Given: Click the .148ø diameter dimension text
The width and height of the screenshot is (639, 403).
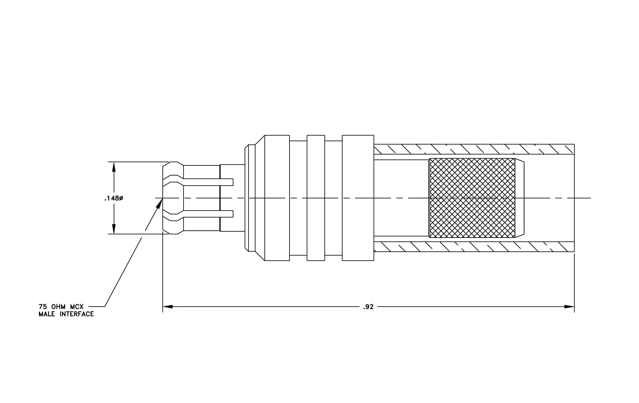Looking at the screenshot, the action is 113,198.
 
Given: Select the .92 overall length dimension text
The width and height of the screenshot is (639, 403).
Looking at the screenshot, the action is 368,307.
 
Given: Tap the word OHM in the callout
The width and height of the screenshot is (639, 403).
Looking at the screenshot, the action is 58,307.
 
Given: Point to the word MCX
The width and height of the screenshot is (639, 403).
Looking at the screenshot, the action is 77,307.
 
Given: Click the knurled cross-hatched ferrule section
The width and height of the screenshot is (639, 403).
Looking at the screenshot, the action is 472,198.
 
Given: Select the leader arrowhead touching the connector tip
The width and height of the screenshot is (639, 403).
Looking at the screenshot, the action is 159,204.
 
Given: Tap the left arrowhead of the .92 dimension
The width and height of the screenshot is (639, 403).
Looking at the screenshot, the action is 168,307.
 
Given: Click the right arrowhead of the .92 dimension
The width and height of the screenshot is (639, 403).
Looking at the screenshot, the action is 569,307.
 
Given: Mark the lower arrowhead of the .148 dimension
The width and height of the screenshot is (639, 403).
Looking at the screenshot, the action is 114,229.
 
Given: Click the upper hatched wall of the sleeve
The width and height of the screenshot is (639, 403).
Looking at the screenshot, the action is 474,149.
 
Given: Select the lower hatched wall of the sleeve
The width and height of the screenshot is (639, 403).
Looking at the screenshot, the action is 474,247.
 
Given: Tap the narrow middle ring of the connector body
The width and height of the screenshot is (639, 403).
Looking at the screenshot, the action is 316,198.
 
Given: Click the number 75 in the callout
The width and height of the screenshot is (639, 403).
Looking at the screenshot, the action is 43,307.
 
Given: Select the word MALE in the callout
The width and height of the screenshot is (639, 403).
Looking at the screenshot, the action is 47,314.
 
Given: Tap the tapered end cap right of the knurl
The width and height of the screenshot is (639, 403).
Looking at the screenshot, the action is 519,198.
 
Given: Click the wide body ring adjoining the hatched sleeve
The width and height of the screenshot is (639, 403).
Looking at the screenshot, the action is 358,198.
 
